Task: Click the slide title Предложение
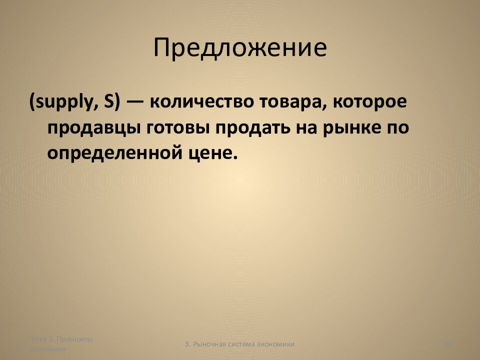[240, 48]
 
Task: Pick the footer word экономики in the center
[275, 344]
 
